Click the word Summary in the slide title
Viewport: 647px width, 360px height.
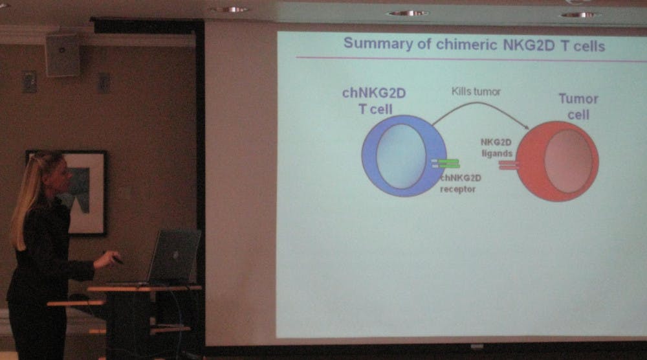[x=378, y=43]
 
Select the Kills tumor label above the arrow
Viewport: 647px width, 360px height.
[x=476, y=91]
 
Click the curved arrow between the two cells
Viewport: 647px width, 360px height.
[x=481, y=104]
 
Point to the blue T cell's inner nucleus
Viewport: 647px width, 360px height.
[x=401, y=156]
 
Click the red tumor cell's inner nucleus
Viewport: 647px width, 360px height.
[x=568, y=161]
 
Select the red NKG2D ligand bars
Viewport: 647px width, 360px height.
[x=509, y=165]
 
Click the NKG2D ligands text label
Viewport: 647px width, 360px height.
[x=496, y=148]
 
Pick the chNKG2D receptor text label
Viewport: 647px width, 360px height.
[x=459, y=184]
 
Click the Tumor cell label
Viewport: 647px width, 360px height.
[x=578, y=107]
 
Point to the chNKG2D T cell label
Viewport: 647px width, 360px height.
[x=374, y=101]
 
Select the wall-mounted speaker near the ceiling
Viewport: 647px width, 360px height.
[x=63, y=55]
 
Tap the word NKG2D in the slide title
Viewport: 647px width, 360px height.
[x=529, y=45]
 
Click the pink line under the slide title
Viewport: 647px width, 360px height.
[x=471, y=59]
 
